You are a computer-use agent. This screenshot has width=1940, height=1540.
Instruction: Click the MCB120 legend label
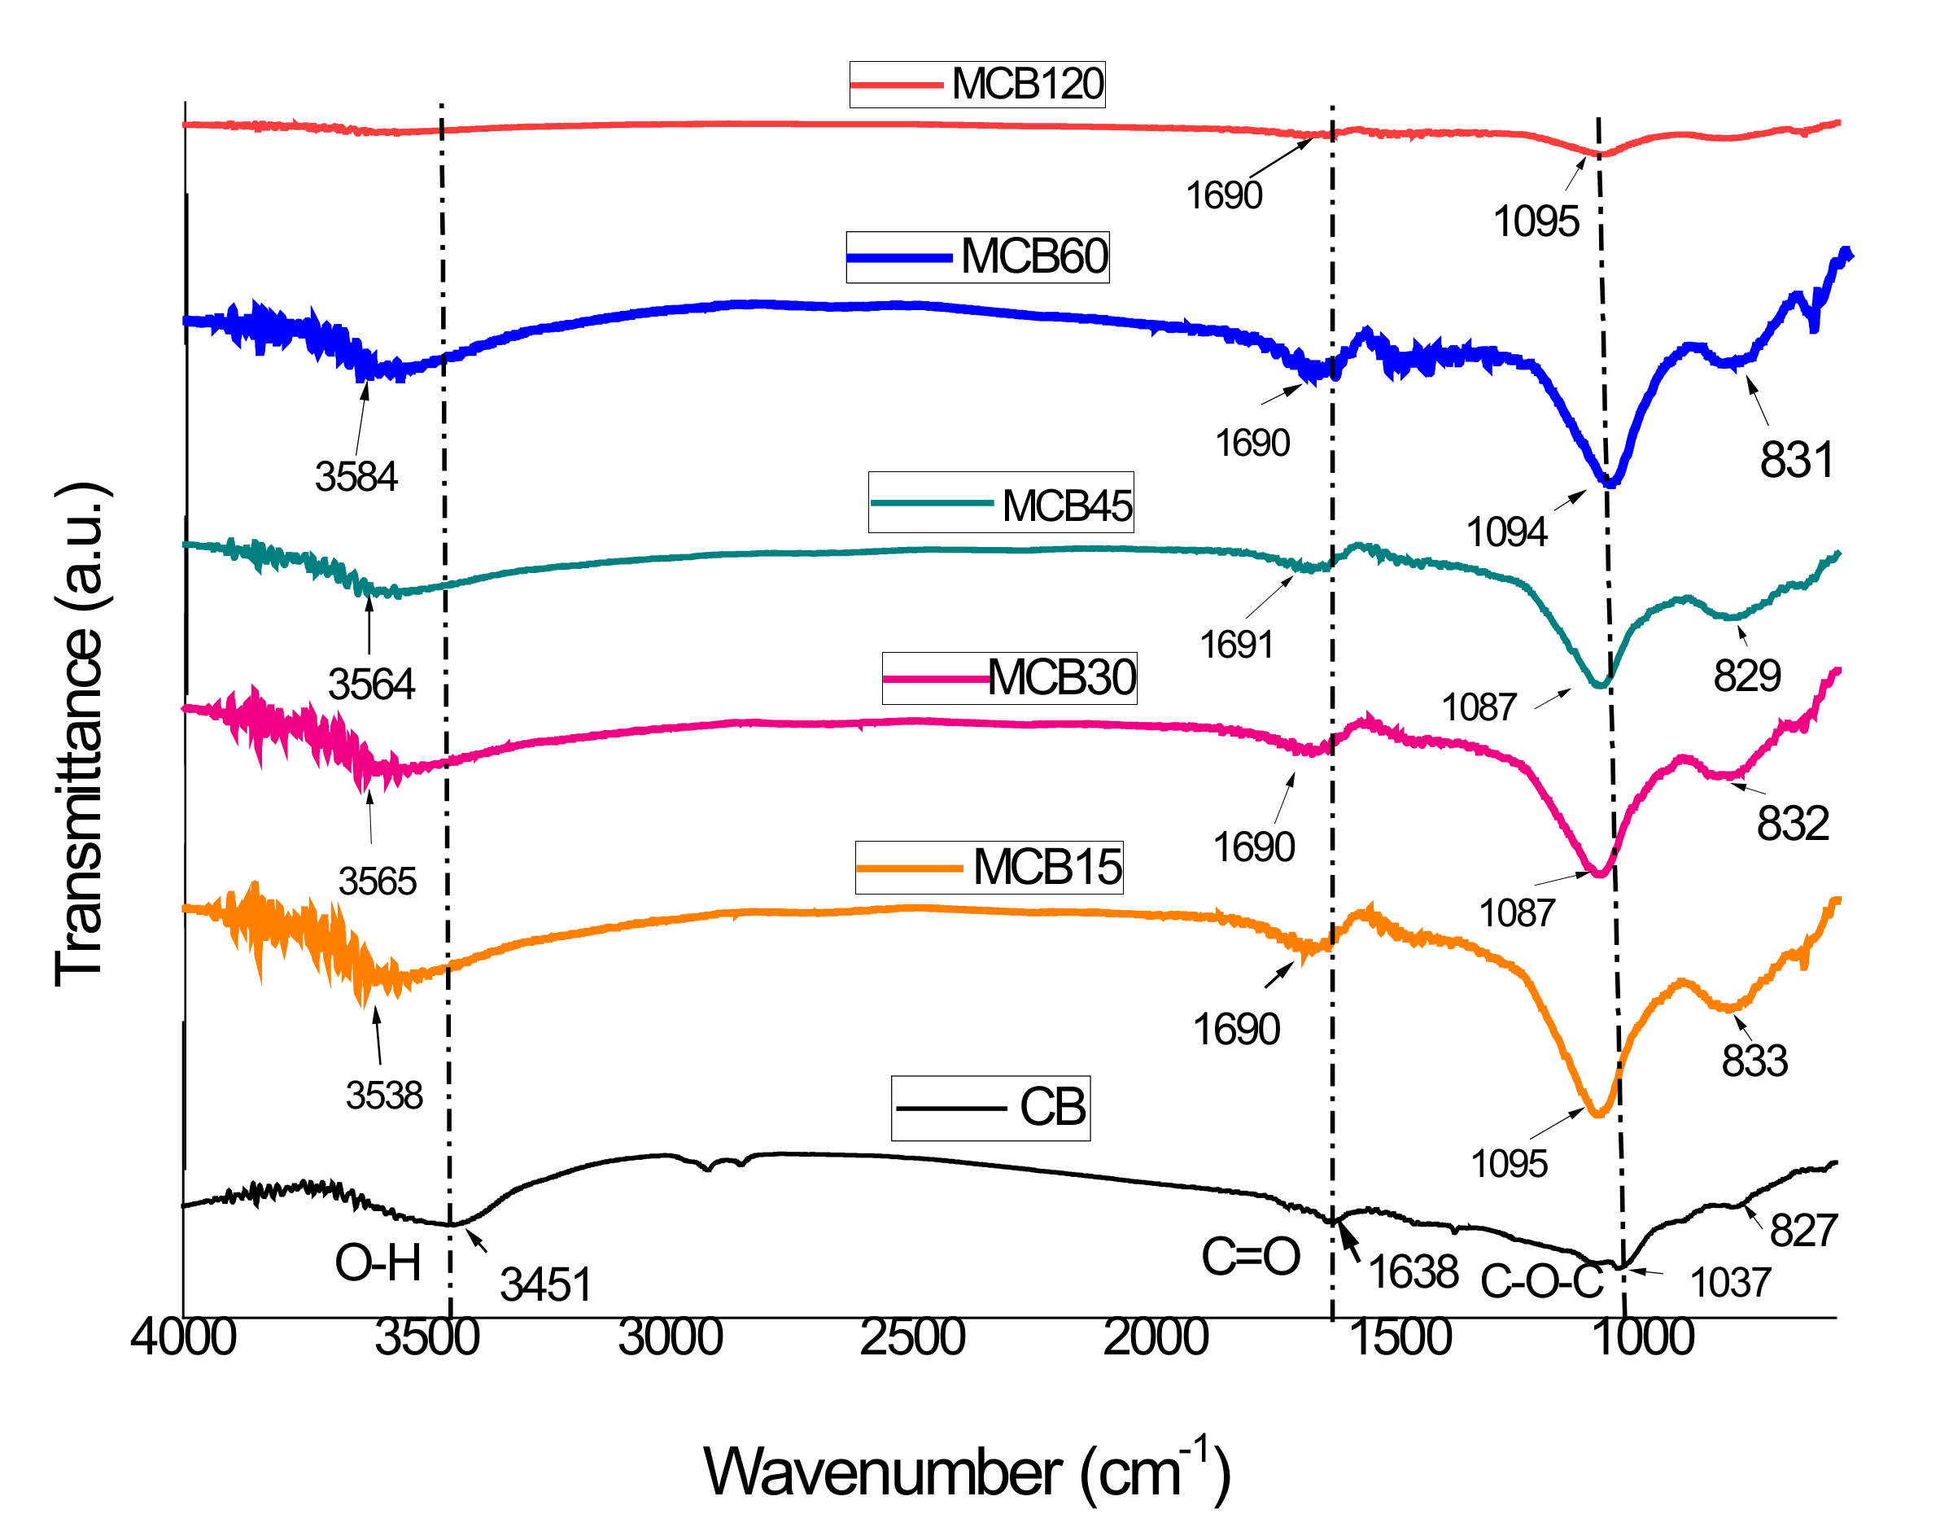(x=1027, y=84)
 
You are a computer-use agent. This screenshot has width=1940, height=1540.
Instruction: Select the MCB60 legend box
(x=977, y=256)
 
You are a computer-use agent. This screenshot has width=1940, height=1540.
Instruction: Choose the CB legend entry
(x=990, y=1107)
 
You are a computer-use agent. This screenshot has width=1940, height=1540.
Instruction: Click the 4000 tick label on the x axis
(x=184, y=1337)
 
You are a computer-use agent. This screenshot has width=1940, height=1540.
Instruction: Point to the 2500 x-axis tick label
(x=912, y=1337)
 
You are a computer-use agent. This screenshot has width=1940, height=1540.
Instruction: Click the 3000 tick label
(x=671, y=1337)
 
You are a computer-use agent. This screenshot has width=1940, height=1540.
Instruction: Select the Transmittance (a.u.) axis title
(x=81, y=734)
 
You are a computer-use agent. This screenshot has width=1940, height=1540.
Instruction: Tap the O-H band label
(x=378, y=1262)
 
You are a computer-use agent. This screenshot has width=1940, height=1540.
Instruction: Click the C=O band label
(x=1251, y=1257)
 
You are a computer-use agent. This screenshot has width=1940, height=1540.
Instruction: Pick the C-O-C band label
(x=1541, y=1281)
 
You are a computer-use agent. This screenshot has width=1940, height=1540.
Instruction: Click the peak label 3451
(x=545, y=1284)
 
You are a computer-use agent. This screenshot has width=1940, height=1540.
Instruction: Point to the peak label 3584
(x=356, y=476)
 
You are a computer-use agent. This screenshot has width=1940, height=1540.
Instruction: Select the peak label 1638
(x=1413, y=1271)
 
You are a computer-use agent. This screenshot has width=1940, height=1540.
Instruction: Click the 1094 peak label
(x=1506, y=532)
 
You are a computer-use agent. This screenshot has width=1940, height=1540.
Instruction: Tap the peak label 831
(x=1796, y=460)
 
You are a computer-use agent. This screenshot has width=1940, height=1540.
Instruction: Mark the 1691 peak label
(x=1236, y=645)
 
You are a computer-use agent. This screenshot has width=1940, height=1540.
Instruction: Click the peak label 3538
(x=384, y=1096)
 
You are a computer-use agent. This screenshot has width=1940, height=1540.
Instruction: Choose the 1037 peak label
(x=1729, y=1283)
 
